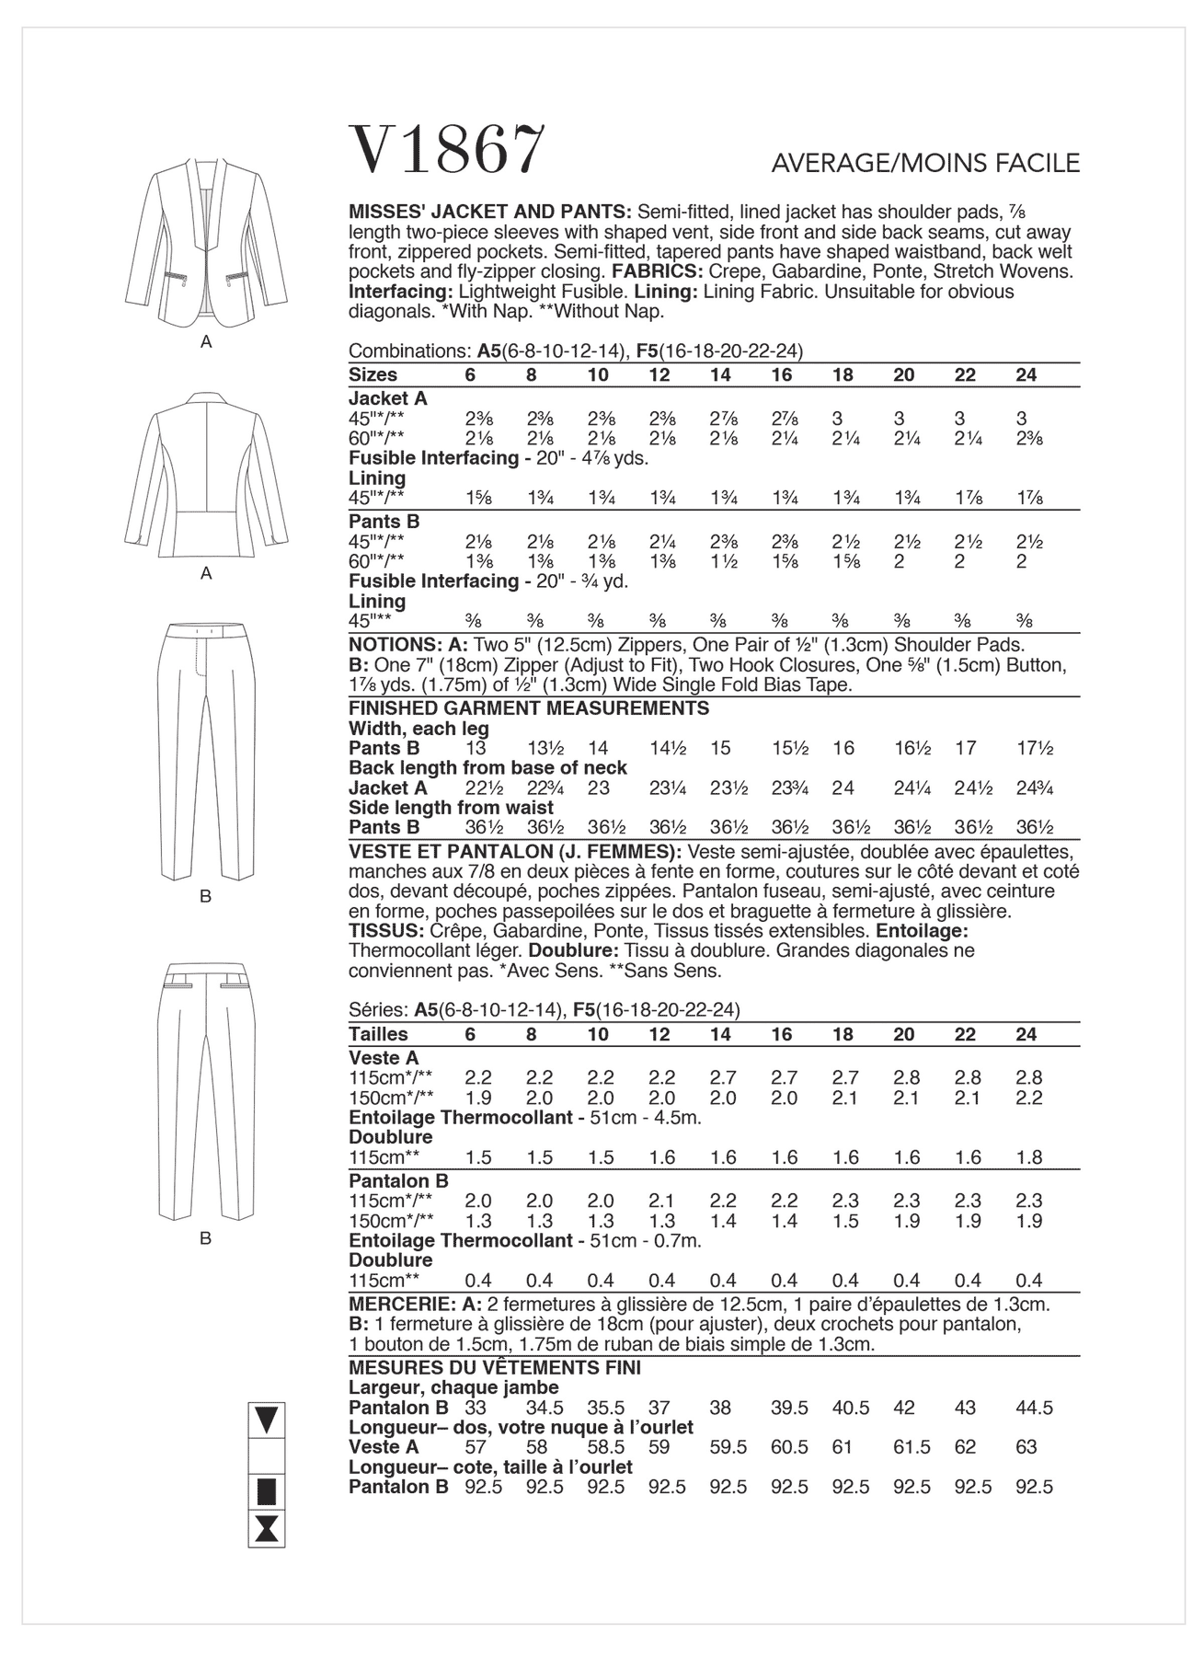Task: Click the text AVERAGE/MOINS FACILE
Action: [x=925, y=164]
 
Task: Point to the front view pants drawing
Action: [x=206, y=750]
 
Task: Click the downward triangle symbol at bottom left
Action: [x=267, y=1420]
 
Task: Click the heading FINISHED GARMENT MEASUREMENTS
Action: [x=529, y=708]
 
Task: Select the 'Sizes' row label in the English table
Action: [x=373, y=374]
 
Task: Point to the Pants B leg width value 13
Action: [x=476, y=748]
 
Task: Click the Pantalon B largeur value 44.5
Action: [x=1034, y=1408]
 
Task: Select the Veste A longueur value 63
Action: [x=1026, y=1447]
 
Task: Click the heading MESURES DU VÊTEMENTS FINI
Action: [x=495, y=1368]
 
